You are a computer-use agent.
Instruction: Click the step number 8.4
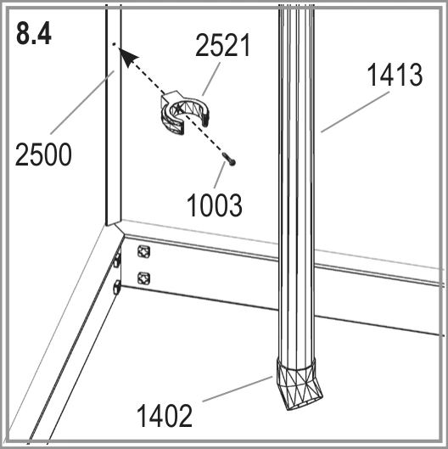[x=34, y=34]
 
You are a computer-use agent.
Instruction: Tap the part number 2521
[x=222, y=45]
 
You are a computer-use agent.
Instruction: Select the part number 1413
[x=395, y=75]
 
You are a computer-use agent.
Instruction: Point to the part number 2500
[x=43, y=154]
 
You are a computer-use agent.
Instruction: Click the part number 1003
[x=214, y=205]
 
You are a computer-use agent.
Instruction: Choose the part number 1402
[x=165, y=416]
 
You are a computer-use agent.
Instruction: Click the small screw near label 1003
[x=229, y=159]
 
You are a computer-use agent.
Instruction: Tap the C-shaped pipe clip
[x=186, y=113]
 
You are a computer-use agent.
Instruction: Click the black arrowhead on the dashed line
[x=127, y=57]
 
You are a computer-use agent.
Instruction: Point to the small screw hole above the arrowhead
[x=114, y=44]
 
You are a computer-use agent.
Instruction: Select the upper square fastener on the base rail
[x=143, y=252]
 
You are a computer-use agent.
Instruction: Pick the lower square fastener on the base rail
[x=143, y=278]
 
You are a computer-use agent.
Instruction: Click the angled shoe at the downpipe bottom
[x=299, y=384]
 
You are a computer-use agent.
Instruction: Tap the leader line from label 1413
[x=355, y=112]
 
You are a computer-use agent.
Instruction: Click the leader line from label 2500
[x=82, y=102]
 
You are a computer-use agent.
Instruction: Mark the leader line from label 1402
[x=238, y=389]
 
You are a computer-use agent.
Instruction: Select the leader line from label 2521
[x=211, y=79]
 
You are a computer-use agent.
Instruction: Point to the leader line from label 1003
[x=219, y=175]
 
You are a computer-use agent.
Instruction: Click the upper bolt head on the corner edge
[x=117, y=261]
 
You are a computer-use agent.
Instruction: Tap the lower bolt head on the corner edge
[x=117, y=288]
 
